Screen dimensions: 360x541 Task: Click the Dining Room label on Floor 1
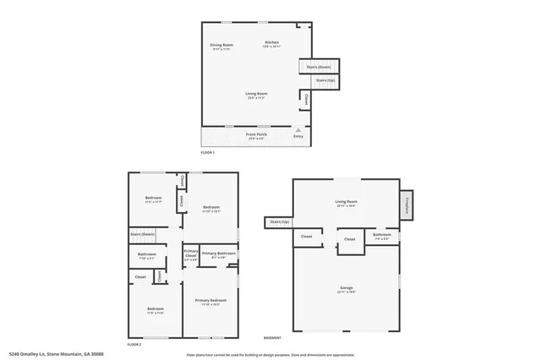221,47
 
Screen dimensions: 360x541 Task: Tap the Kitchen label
271,44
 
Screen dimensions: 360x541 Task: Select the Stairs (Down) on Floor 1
318,66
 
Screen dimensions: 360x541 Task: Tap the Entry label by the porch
298,136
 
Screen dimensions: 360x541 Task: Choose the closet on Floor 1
305,100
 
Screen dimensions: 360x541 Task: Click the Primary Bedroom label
210,302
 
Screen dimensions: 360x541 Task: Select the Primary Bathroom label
218,254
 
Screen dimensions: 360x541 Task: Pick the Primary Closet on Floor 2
192,256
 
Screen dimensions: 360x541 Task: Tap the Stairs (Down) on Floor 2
142,233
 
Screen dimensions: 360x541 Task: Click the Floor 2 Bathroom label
147,256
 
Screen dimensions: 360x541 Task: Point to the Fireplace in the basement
407,204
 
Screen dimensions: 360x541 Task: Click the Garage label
346,290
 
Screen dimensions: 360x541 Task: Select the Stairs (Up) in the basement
279,222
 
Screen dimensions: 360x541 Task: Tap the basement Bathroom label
382,236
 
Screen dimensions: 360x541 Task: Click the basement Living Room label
346,203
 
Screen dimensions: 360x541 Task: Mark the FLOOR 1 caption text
208,152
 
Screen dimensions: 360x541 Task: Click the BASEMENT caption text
272,336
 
